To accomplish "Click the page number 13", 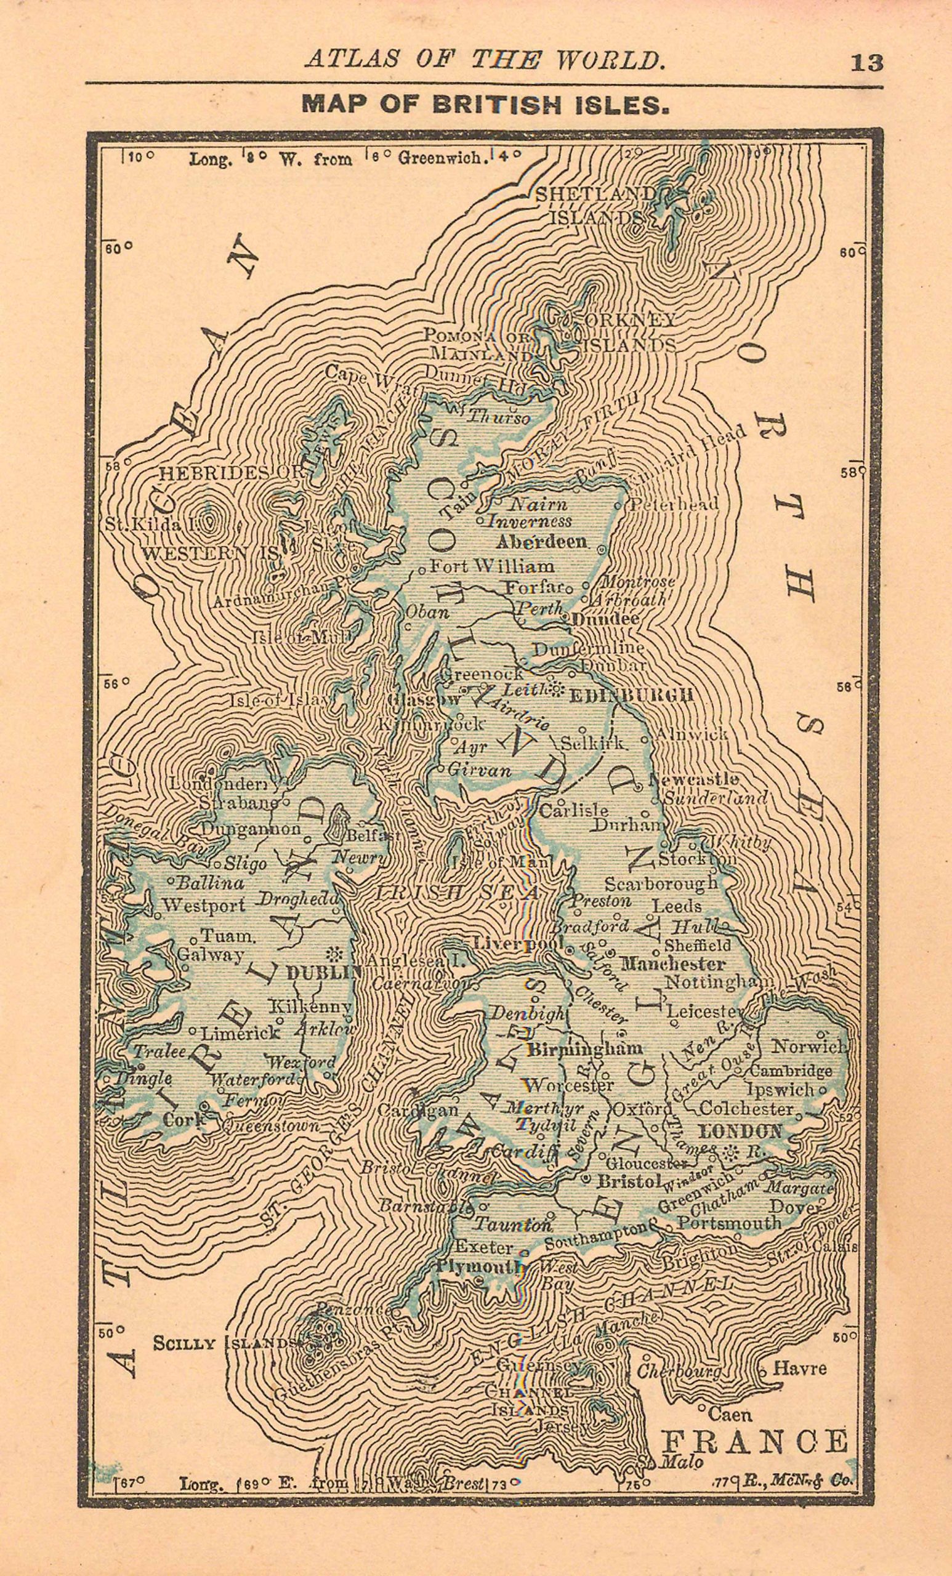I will (866, 63).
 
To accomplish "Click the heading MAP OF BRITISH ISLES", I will (486, 105).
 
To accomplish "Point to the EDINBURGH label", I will (631, 694).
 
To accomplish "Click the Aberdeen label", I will (541, 541).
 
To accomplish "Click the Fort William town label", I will (491, 566).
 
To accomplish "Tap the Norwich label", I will (809, 1047).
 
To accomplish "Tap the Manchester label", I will (673, 963).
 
